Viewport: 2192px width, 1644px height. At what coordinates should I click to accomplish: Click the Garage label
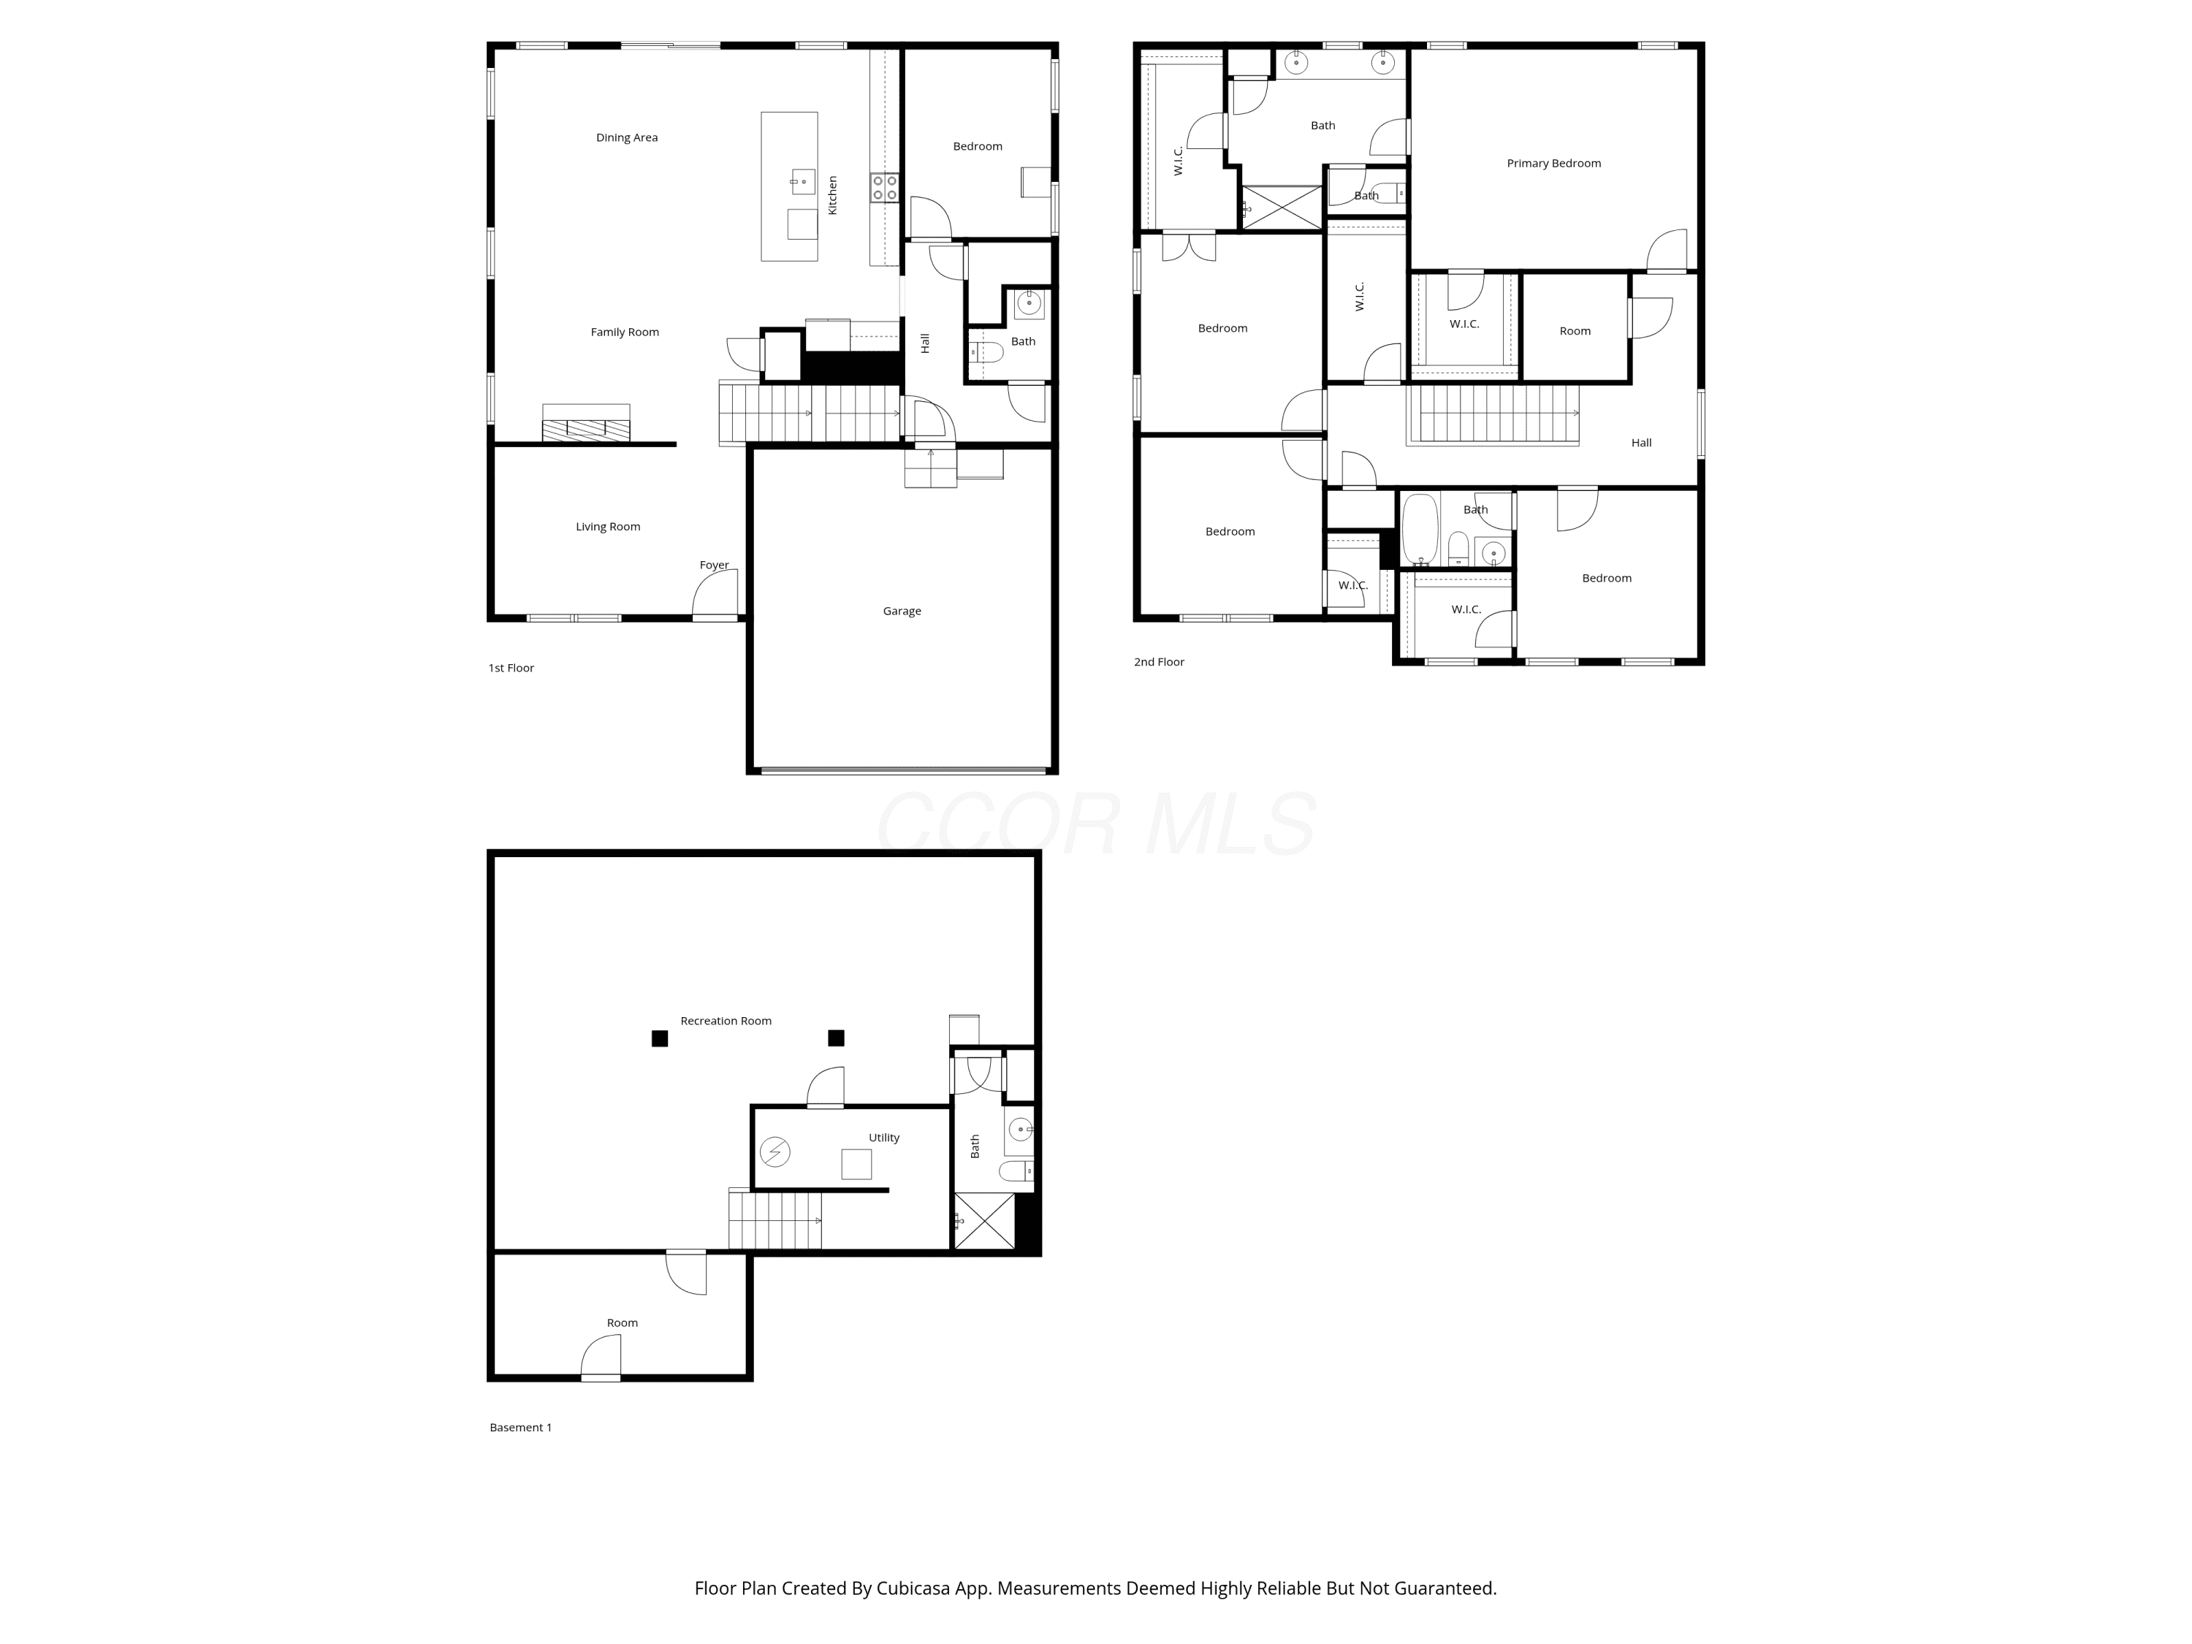click(x=902, y=612)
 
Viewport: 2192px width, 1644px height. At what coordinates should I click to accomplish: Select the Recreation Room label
click(x=726, y=1021)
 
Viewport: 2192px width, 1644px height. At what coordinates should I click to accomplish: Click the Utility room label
click(x=884, y=1138)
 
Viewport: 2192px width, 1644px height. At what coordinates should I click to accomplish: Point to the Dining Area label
click(x=626, y=138)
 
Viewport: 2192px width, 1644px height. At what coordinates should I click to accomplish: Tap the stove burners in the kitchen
click(x=884, y=187)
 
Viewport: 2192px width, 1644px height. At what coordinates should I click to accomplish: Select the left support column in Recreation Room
click(x=659, y=1038)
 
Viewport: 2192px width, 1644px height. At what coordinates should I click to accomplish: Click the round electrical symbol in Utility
click(x=775, y=1152)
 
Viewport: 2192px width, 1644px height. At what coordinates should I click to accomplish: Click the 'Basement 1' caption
click(x=520, y=1427)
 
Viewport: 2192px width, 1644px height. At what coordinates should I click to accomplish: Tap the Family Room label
click(x=624, y=332)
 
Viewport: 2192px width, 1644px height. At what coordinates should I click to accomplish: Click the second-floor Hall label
click(x=1641, y=443)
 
